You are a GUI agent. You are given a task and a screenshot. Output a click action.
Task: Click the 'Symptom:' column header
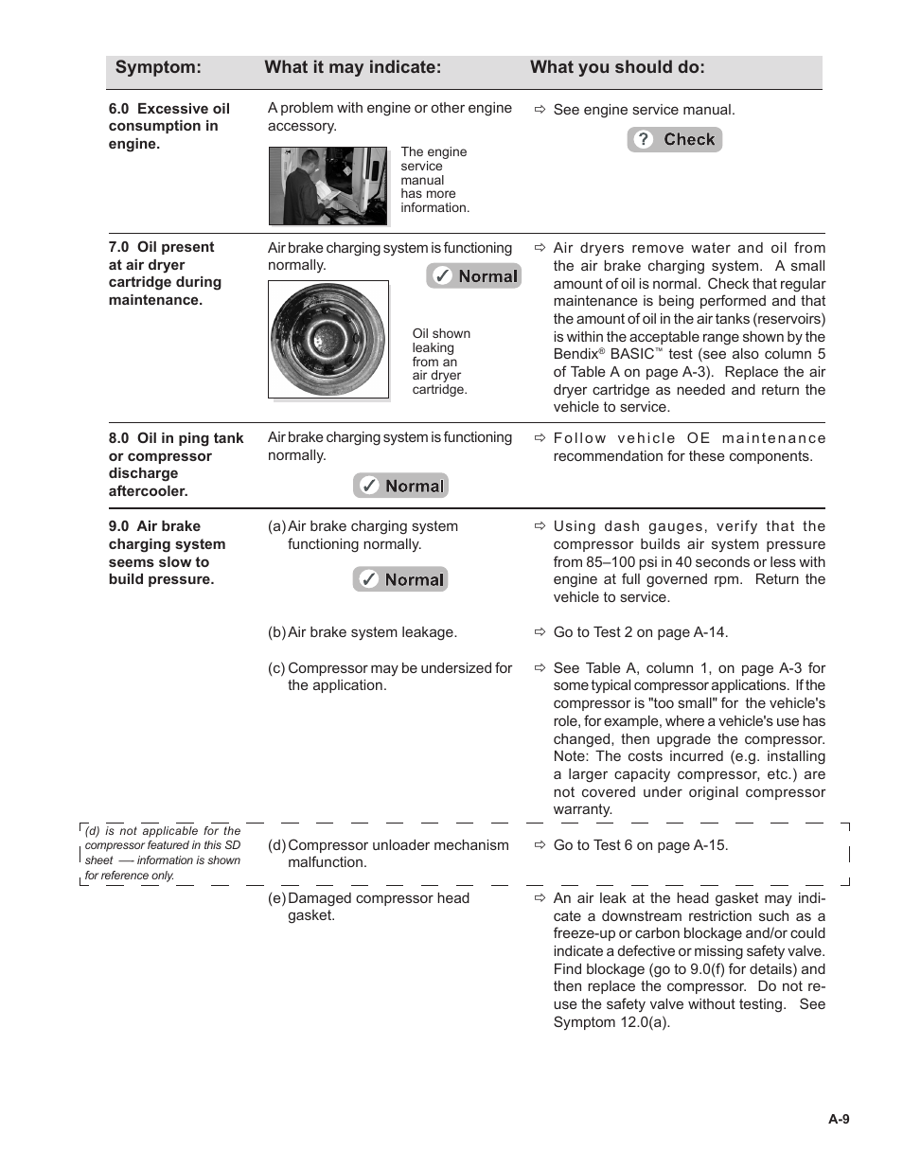click(158, 67)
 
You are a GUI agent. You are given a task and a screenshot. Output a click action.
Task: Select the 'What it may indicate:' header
click(352, 67)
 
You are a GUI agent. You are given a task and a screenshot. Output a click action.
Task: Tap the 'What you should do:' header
click(617, 67)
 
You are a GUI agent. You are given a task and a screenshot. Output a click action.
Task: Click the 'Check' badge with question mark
click(675, 140)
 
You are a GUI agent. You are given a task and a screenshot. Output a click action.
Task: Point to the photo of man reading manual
click(328, 186)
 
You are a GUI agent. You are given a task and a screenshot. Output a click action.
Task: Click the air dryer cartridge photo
click(328, 339)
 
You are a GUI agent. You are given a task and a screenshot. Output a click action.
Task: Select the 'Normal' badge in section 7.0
click(473, 276)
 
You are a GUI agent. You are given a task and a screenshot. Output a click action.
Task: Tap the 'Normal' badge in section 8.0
click(400, 486)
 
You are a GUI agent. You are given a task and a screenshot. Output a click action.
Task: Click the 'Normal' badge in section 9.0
click(400, 579)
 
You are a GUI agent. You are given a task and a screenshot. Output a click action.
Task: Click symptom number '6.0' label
click(119, 109)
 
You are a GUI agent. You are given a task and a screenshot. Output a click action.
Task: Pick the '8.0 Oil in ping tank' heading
click(176, 438)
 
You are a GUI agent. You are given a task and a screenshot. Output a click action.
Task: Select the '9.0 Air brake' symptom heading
click(154, 526)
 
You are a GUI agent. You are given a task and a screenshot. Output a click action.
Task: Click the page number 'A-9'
click(839, 1119)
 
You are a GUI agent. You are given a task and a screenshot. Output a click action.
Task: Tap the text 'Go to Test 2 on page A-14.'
click(641, 632)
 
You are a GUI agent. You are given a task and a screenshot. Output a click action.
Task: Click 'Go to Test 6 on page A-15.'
click(641, 845)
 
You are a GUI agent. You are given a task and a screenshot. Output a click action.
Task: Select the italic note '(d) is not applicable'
click(162, 853)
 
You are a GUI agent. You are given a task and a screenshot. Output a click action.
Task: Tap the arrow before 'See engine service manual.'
click(540, 111)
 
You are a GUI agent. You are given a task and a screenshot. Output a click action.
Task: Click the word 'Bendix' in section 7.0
click(575, 354)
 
